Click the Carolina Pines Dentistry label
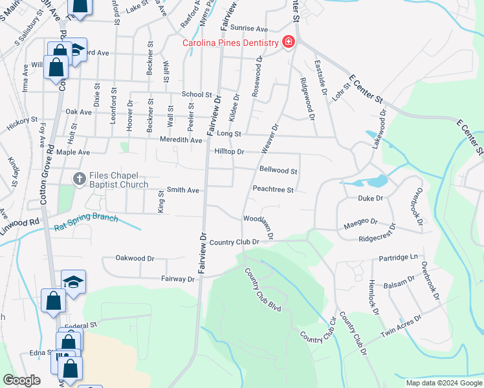230,43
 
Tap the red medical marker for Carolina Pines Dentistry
288,43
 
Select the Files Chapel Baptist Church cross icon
79,178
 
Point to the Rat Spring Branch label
87,221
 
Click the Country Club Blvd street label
263,289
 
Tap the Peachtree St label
273,190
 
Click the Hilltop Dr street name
228,151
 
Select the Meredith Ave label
182,140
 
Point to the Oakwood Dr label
135,257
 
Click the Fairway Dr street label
177,279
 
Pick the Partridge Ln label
398,257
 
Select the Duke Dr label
370,199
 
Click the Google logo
21,380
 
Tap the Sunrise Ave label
249,29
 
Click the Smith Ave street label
183,191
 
